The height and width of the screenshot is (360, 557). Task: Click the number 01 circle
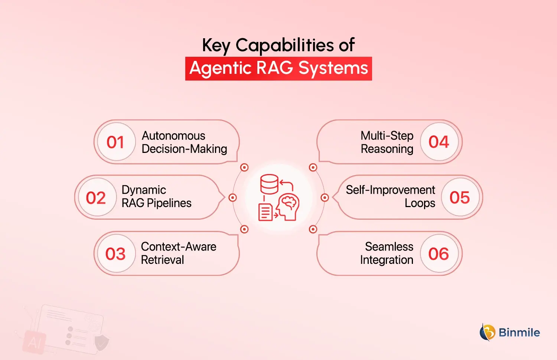(116, 142)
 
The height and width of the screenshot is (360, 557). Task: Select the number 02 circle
(96, 197)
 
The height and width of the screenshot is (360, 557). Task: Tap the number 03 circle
(116, 254)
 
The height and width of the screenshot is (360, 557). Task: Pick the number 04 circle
(439, 142)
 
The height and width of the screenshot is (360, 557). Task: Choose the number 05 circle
(460, 197)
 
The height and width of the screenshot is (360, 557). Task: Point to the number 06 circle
(439, 254)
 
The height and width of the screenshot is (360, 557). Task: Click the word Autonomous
(173, 136)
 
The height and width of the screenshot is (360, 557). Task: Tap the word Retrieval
(162, 260)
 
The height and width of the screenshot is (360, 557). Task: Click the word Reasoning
(387, 149)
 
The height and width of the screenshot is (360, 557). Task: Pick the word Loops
(420, 203)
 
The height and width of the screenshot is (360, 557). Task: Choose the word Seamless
(389, 247)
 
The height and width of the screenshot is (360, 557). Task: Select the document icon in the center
(265, 212)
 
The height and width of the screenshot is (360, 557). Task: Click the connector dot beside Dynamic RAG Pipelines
(233, 197)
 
